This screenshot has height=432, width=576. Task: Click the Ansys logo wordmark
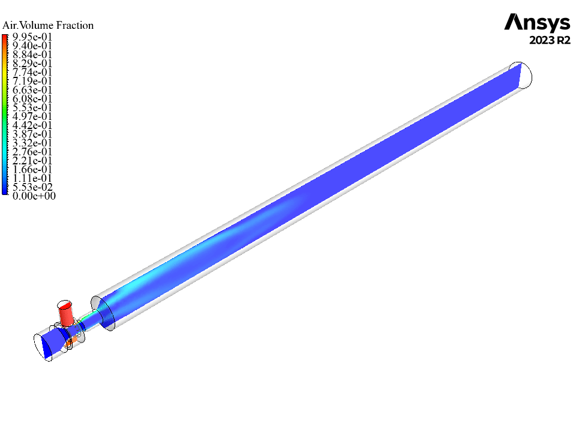click(x=537, y=23)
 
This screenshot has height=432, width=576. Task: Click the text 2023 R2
click(x=550, y=40)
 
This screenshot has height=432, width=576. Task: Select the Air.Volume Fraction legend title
click(x=48, y=25)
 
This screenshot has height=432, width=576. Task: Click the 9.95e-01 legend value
click(x=32, y=37)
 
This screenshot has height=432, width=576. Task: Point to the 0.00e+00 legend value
click(x=34, y=196)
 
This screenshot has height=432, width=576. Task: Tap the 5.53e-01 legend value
click(x=32, y=107)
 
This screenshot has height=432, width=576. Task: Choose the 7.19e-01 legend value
click(x=32, y=81)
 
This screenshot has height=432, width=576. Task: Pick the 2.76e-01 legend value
click(x=32, y=152)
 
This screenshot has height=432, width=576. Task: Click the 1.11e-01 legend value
click(x=32, y=178)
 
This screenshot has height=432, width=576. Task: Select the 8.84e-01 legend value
click(x=32, y=55)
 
